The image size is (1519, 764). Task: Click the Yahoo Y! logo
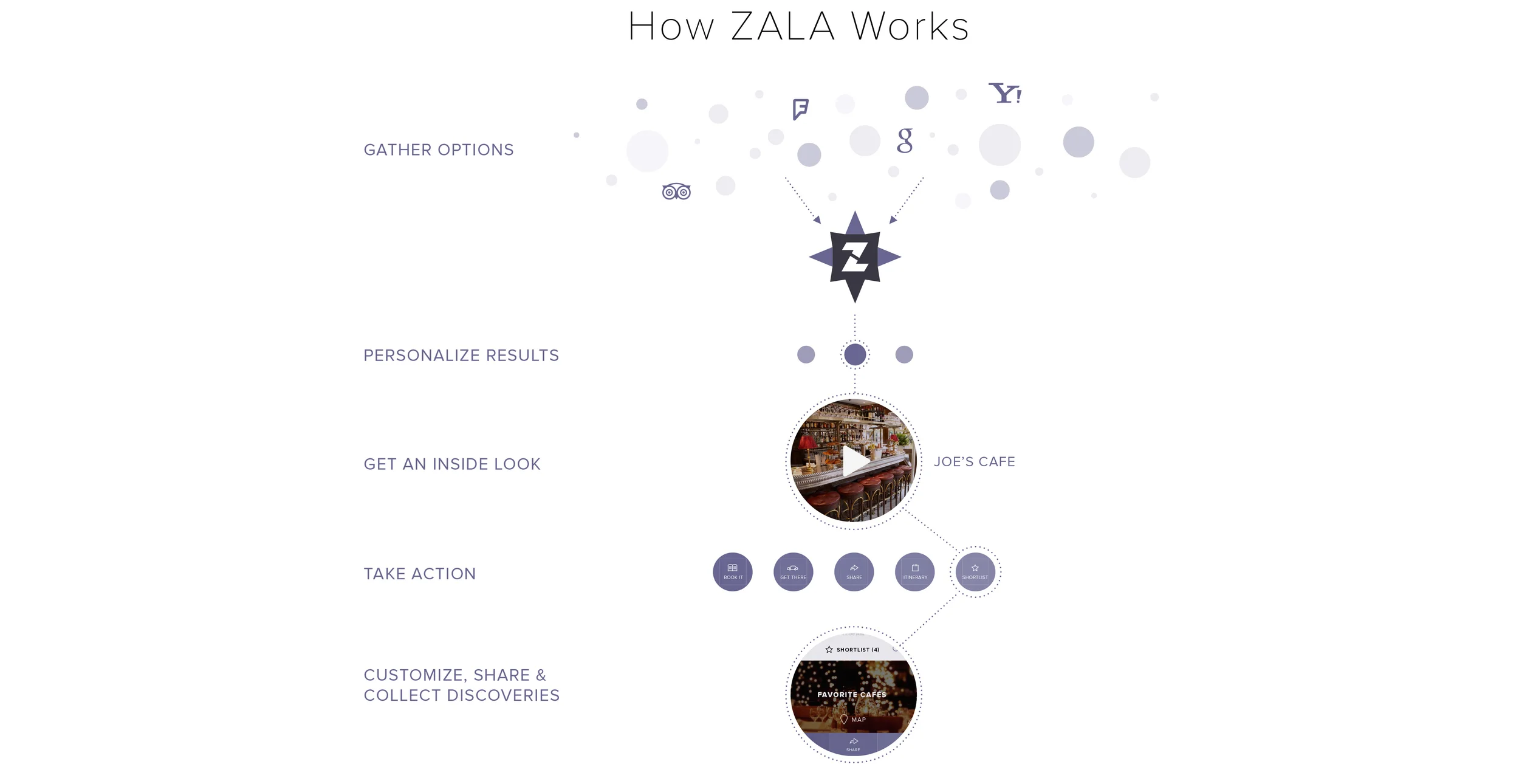tap(1005, 94)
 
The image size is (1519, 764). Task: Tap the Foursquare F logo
tap(800, 109)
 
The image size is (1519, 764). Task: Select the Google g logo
tap(905, 140)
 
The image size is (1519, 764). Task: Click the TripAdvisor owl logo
tap(676, 192)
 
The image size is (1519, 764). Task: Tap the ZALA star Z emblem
tap(855, 257)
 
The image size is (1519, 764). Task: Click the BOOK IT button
tap(733, 572)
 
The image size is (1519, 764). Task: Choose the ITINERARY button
tap(915, 572)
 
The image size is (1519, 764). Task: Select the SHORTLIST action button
tap(975, 572)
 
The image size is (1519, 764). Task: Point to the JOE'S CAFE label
tap(975, 462)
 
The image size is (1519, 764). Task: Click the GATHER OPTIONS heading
tap(439, 150)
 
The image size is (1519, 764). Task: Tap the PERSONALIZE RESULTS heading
tap(461, 356)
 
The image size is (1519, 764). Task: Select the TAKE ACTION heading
tap(420, 574)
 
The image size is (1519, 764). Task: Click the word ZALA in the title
tap(783, 27)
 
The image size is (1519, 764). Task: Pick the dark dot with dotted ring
tap(855, 355)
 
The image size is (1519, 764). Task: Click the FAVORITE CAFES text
tap(852, 695)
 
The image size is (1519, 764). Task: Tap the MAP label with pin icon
tap(853, 720)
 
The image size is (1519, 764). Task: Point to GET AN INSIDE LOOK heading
tap(452, 464)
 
